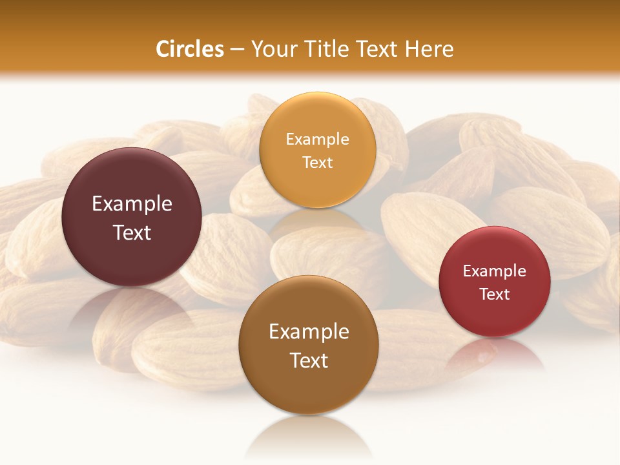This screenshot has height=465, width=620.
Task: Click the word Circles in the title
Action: (190, 49)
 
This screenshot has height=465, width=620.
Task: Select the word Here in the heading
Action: (429, 49)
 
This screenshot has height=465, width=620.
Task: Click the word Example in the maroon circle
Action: (132, 204)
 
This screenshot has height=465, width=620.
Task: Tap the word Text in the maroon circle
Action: (132, 232)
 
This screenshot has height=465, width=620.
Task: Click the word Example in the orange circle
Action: (317, 139)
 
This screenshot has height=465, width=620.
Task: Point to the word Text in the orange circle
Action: (317, 162)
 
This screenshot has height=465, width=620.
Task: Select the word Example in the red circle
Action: (495, 271)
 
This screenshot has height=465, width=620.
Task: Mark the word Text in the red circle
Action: (495, 294)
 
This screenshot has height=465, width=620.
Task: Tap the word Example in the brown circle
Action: (309, 332)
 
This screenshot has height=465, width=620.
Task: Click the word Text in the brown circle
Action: (309, 360)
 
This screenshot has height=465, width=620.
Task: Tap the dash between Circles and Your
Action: (237, 50)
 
